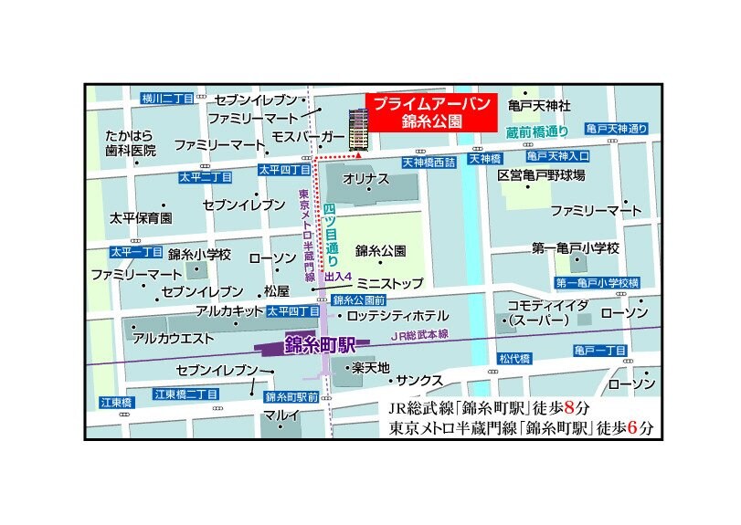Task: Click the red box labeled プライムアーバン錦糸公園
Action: pos(429,111)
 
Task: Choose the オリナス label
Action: pos(365,180)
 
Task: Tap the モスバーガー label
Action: pos(308,137)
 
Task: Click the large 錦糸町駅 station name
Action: pos(317,345)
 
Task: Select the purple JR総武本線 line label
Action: pos(421,336)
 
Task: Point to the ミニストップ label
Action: pos(389,284)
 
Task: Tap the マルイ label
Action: pos(281,415)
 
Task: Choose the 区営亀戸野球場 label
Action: pos(541,174)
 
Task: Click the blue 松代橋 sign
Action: pos(514,359)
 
